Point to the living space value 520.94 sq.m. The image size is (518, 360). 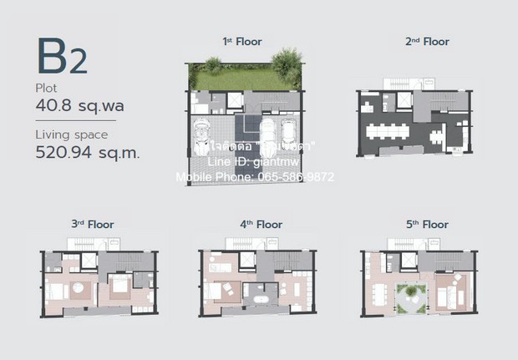87,152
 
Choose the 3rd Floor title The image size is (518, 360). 92,224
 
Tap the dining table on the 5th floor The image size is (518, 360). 383,296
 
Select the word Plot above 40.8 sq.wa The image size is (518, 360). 47,87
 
